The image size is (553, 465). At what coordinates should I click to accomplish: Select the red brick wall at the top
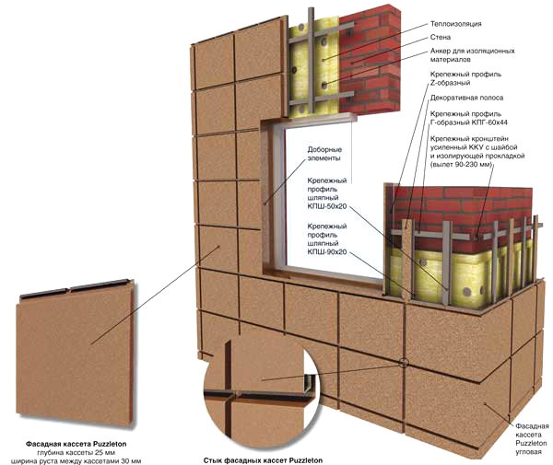(x=369, y=37)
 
